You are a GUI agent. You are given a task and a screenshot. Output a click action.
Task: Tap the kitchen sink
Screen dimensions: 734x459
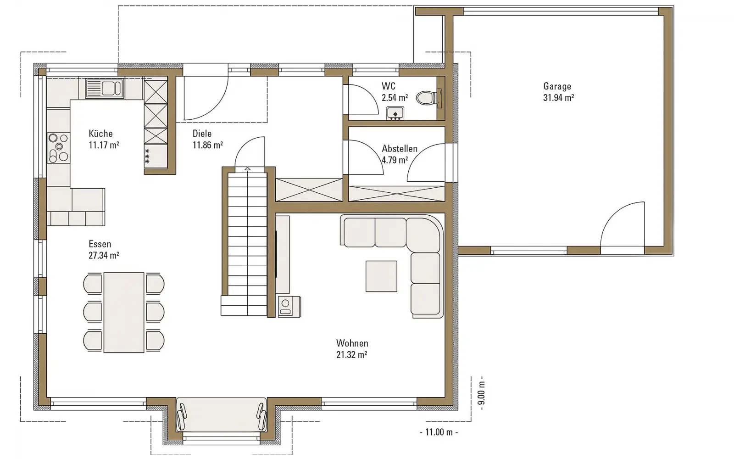click(x=105, y=89)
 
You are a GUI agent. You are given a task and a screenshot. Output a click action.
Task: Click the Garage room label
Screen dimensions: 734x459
click(x=557, y=86)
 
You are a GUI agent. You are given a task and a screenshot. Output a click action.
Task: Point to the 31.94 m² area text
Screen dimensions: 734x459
click(x=558, y=98)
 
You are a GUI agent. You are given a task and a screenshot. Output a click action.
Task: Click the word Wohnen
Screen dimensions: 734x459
click(x=352, y=343)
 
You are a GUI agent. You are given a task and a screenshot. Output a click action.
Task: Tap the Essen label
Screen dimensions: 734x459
click(x=100, y=244)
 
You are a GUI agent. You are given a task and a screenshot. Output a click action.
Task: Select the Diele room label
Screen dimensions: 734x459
click(x=202, y=134)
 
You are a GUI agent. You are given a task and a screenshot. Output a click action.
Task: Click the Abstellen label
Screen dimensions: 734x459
click(x=400, y=149)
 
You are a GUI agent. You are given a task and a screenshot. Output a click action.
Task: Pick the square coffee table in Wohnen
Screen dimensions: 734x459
click(x=381, y=276)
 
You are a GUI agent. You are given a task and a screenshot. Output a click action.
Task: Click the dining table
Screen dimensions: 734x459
click(x=124, y=313)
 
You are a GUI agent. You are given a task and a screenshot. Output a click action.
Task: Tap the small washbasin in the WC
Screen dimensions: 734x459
click(x=395, y=113)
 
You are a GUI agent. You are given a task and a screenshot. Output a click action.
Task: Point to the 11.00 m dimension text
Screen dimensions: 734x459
click(x=439, y=432)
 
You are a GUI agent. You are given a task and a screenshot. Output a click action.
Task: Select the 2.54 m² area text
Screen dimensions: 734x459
click(x=395, y=98)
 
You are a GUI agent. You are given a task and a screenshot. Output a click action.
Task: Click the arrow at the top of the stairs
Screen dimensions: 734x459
click(x=247, y=168)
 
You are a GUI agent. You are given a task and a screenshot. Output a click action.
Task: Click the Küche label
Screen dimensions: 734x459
click(x=100, y=134)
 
